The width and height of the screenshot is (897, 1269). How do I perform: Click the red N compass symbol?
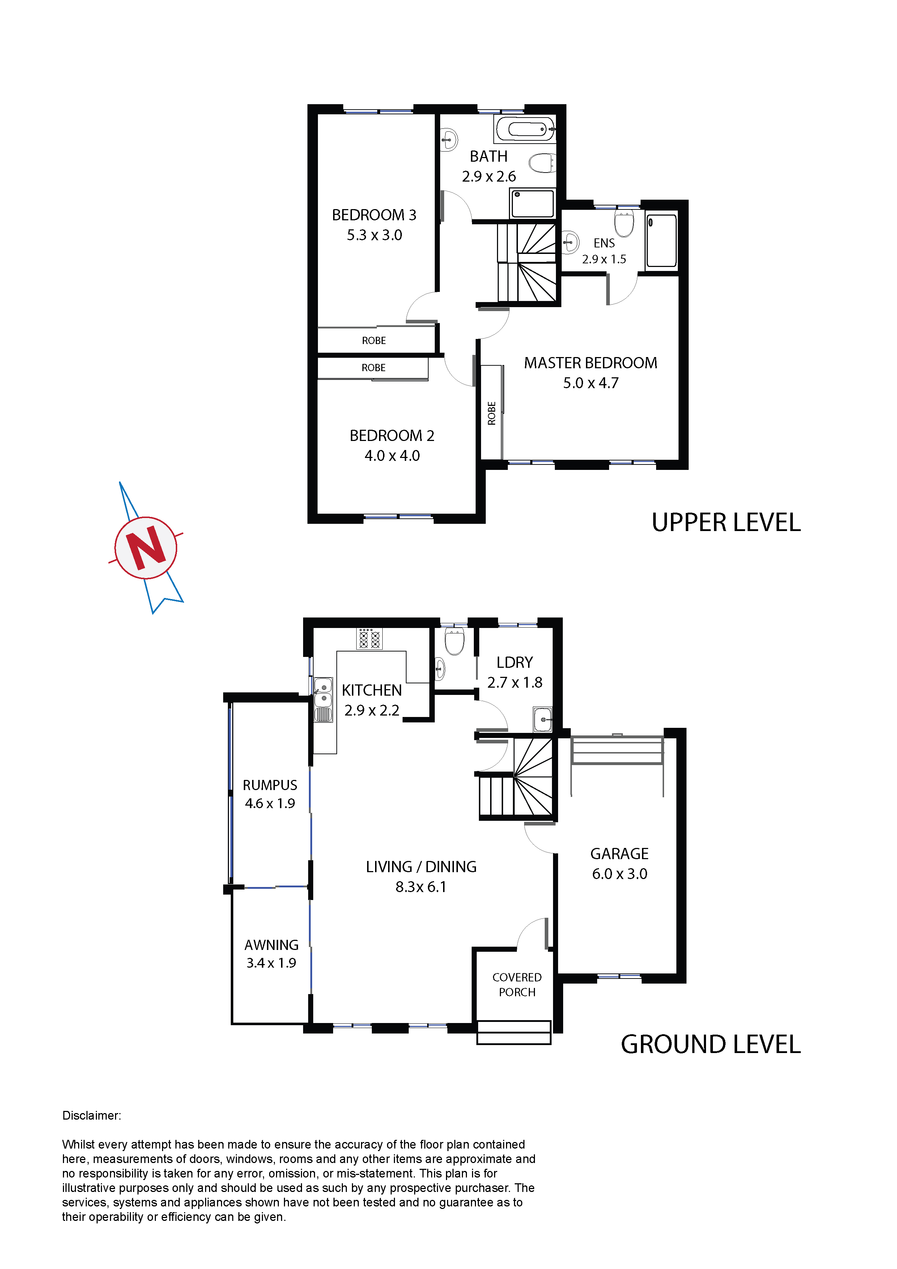[x=146, y=548]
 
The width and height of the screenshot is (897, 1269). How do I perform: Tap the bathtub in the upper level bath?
[x=525, y=130]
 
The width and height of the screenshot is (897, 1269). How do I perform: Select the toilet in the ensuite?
[x=624, y=222]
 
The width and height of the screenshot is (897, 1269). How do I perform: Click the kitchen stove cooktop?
[x=369, y=638]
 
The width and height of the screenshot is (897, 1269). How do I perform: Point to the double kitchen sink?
[x=323, y=700]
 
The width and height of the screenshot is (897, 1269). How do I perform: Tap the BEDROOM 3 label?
[x=374, y=215]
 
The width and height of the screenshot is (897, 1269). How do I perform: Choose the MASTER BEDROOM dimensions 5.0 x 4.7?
[x=591, y=383]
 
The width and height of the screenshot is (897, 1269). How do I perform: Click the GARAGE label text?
[x=620, y=854]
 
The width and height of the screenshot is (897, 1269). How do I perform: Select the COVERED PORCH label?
[x=517, y=985]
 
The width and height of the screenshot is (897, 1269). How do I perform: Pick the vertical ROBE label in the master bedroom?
[x=491, y=413]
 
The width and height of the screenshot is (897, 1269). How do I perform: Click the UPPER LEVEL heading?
[x=726, y=523]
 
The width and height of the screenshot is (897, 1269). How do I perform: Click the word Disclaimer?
[x=92, y=1115]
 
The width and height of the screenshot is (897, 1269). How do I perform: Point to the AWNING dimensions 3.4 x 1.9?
[x=271, y=963]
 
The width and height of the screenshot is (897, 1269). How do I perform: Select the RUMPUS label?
[x=270, y=785]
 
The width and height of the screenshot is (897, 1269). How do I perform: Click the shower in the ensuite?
[x=662, y=241]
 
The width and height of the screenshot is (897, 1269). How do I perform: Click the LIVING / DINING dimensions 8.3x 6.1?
[x=421, y=887]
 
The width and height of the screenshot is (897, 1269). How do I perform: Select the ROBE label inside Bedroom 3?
[x=374, y=340]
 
